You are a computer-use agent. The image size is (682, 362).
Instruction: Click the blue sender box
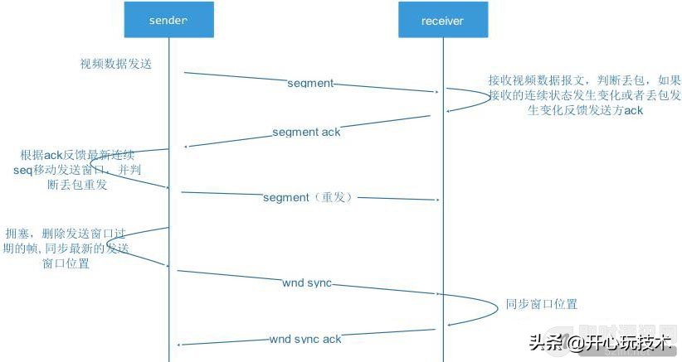pos(169,19)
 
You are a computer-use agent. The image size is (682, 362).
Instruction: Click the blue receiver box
pos(442,19)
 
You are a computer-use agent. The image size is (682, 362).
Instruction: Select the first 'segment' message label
pos(310,84)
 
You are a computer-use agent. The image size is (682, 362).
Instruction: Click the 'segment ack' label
pos(306,133)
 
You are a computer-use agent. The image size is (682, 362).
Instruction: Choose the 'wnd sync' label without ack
pos(306,283)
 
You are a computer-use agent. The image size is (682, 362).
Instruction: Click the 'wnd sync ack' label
pos(304,340)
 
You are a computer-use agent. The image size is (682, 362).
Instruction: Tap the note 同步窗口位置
pos(541,304)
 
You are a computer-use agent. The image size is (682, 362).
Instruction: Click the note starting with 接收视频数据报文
pos(585,95)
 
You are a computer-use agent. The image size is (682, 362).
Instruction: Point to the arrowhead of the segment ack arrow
pos(186,147)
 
